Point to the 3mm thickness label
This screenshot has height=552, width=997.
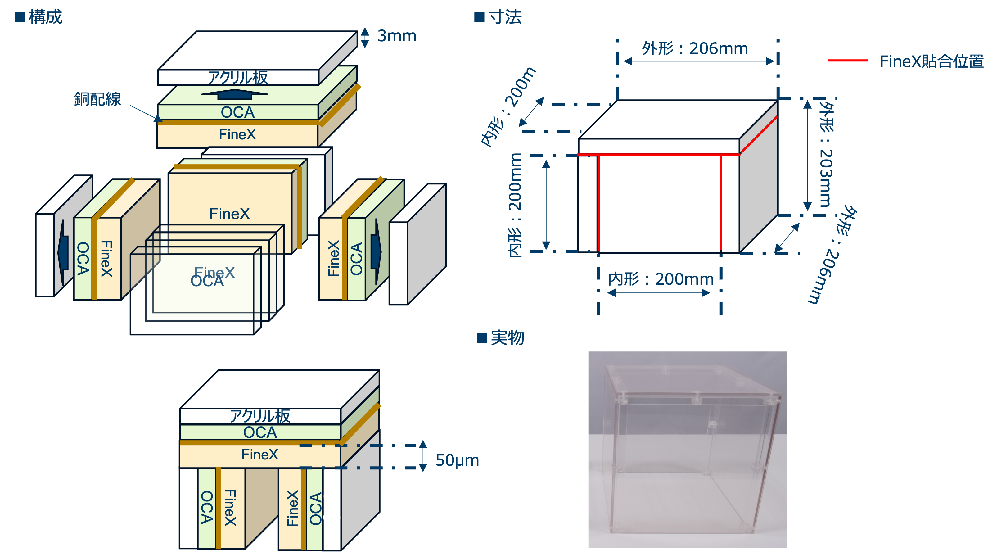[x=397, y=36]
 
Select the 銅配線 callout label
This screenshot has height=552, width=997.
[x=97, y=99]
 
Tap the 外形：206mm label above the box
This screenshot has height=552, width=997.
[x=695, y=49]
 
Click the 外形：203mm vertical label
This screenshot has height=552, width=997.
[x=826, y=155]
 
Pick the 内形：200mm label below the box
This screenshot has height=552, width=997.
[x=661, y=279]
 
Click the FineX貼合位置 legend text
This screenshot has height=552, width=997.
[x=931, y=61]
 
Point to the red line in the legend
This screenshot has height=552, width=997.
[x=847, y=61]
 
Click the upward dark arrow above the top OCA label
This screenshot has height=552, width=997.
[x=235, y=94]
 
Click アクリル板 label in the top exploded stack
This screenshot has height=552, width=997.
[x=238, y=77]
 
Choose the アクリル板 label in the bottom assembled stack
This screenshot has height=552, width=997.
[x=260, y=416]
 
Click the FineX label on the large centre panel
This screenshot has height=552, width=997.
[x=229, y=214]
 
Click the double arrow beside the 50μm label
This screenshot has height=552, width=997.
[x=423, y=456]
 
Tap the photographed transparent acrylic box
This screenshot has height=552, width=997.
[x=687, y=449]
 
